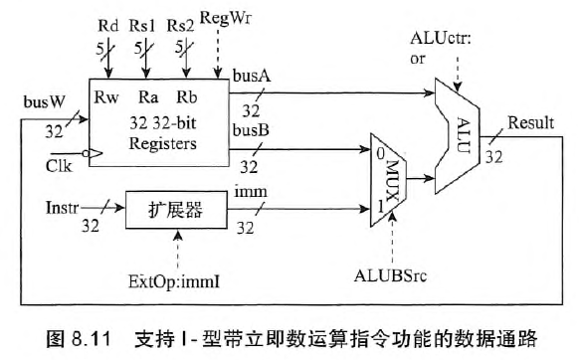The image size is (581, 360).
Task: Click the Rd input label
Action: tap(111, 22)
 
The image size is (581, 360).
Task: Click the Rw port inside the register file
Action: tap(107, 98)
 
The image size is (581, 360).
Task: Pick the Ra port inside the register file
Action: tap(149, 98)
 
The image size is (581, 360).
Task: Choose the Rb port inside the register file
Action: tap(186, 98)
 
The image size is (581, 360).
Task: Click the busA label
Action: tap(249, 76)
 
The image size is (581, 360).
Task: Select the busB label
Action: tap(249, 130)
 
